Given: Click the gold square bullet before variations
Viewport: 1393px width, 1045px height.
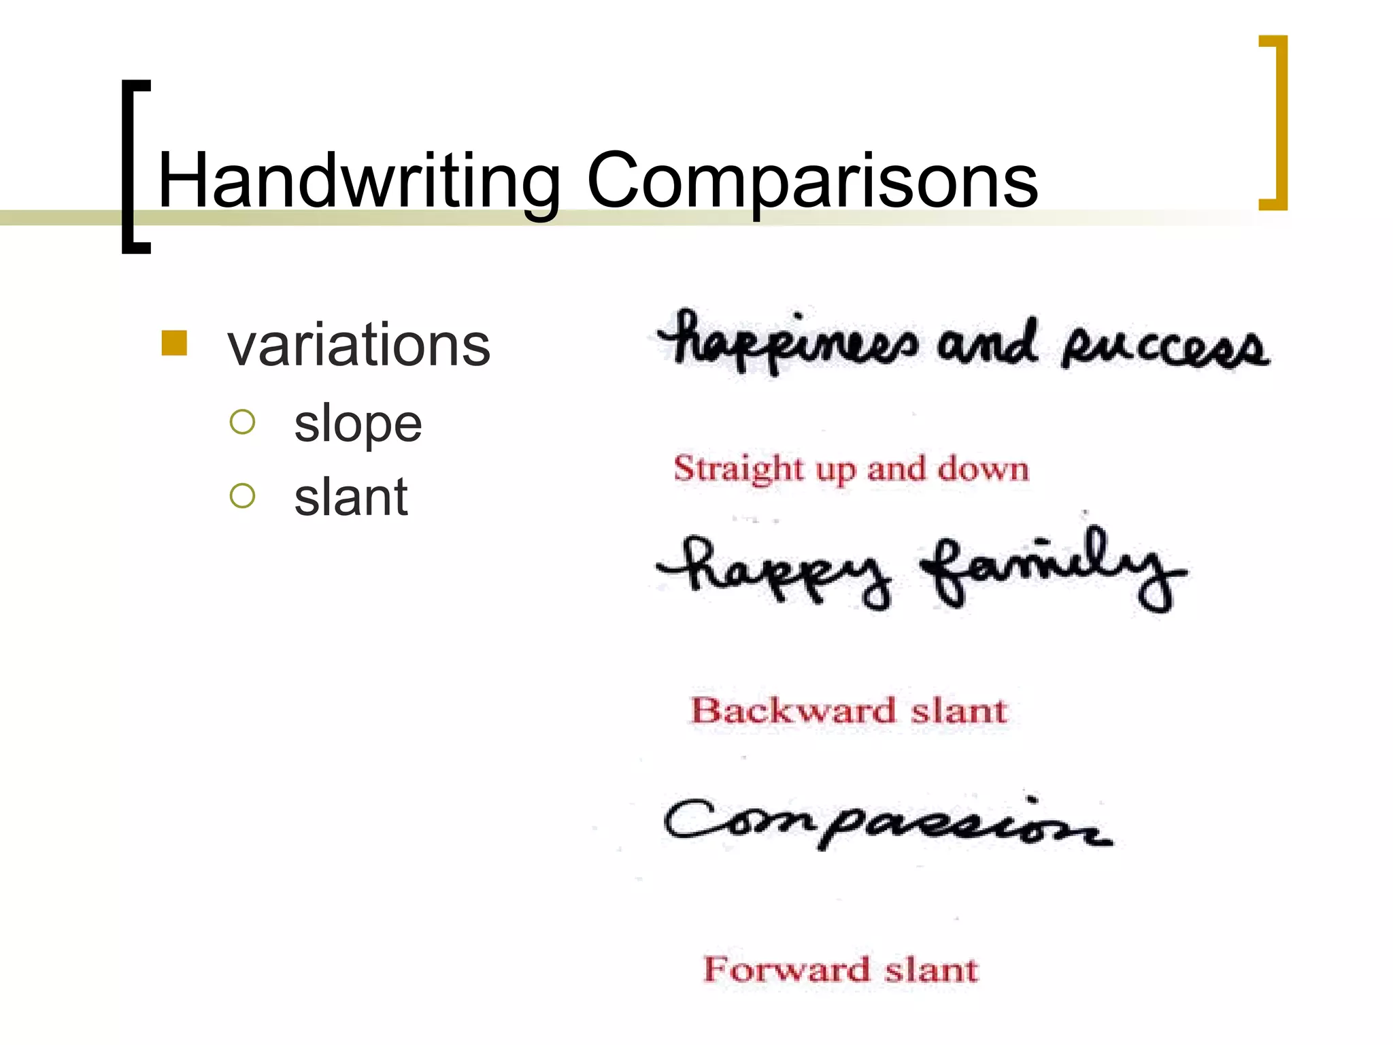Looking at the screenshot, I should [x=174, y=343].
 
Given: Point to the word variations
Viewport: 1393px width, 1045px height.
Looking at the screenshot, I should [x=358, y=346].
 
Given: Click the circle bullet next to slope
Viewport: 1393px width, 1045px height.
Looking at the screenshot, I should [x=242, y=422].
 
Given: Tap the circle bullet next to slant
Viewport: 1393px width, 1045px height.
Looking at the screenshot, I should [x=242, y=496].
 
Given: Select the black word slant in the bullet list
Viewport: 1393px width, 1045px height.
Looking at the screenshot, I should [x=350, y=497].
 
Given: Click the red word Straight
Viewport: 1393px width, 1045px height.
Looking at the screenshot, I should [x=739, y=469].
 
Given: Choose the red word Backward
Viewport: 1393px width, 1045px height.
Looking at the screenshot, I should [x=793, y=711].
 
